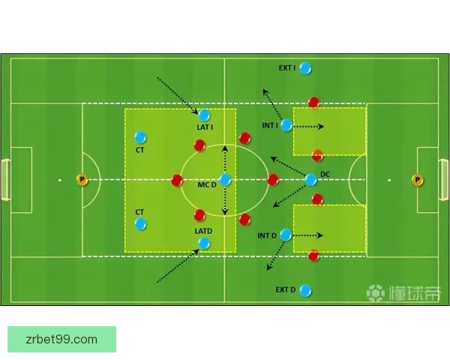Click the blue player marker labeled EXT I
click(305, 68)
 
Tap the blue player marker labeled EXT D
click(305, 290)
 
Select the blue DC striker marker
click(310, 180)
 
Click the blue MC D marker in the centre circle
click(225, 180)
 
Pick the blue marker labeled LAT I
click(204, 115)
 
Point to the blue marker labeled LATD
click(204, 244)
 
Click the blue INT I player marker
click(286, 125)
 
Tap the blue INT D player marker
click(286, 235)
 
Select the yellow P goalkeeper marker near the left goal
click(82, 180)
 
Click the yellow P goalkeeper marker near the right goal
click(417, 180)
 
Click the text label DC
click(325, 174)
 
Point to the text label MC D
click(207, 185)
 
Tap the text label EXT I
click(287, 68)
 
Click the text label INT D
click(267, 235)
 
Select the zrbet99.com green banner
click(61, 339)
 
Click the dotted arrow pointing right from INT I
click(308, 126)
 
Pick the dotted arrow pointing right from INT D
click(307, 235)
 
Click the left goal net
click(6, 180)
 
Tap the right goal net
click(444, 180)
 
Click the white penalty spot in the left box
click(60, 180)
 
